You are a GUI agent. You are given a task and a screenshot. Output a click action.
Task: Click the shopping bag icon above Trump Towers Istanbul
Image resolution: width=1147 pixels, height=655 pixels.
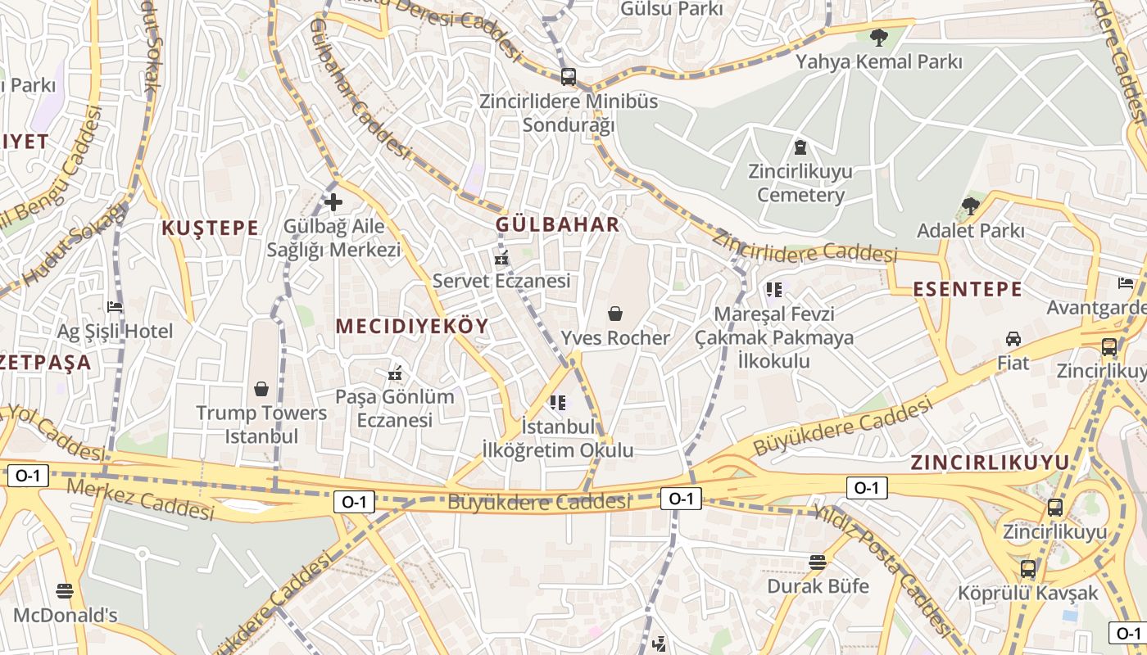261,388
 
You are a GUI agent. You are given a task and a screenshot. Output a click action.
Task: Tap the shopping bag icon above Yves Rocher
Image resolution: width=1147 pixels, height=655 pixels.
615,313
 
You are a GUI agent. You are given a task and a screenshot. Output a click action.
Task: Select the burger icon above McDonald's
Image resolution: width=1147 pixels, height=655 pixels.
65,590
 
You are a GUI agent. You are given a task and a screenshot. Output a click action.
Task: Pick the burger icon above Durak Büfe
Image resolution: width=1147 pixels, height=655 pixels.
817,562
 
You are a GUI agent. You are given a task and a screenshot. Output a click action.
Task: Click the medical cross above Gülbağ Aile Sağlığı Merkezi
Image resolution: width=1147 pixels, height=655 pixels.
333,201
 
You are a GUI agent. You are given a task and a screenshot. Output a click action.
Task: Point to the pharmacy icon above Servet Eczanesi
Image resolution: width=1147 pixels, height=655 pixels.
501,257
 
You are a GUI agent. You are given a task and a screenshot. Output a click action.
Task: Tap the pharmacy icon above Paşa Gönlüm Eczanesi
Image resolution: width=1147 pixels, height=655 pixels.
395,373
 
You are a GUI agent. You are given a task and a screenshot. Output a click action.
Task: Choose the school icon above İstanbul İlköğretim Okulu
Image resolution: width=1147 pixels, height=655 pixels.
558,402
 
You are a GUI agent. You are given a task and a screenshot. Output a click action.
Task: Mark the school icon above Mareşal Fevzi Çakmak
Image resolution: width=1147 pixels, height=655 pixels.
773,289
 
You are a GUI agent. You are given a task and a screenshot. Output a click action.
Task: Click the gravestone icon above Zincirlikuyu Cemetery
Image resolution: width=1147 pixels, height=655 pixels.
800,147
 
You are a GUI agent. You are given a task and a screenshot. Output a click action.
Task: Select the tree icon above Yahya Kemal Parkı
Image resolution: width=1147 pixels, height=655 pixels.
878,37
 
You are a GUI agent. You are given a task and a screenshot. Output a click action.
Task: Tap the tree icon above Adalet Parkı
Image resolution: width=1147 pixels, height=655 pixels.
971,206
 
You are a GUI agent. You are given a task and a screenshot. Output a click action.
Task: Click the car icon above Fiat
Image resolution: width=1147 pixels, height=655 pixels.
1013,338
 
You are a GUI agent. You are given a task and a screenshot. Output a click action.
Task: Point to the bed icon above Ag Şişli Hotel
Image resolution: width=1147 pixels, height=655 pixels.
115,307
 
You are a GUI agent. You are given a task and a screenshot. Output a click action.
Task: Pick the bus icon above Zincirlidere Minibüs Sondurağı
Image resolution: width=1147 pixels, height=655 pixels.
568,77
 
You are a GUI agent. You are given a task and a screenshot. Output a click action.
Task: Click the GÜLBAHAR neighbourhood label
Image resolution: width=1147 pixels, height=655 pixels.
558,224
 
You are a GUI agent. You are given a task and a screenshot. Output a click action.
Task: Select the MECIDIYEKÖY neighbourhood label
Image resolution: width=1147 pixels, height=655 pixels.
412,326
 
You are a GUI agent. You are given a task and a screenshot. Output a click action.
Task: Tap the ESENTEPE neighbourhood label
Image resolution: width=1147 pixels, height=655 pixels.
967,289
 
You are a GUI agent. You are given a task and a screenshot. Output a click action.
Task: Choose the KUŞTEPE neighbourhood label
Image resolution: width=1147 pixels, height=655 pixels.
211,228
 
